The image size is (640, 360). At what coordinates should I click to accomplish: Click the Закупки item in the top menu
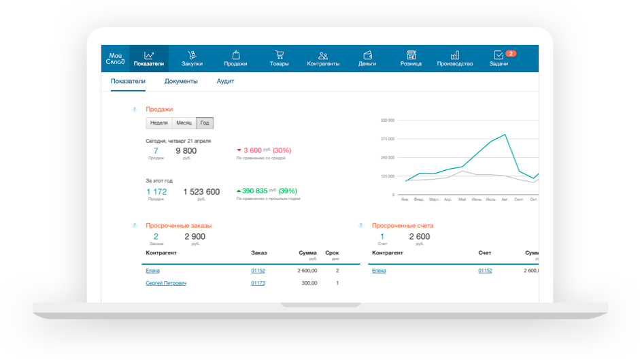pyautogui.click(x=192, y=59)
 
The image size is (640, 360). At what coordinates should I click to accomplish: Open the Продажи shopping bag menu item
pyautogui.click(x=235, y=59)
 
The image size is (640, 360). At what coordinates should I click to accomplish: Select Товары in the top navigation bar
pyautogui.click(x=279, y=59)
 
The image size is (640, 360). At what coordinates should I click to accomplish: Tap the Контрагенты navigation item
pyautogui.click(x=323, y=59)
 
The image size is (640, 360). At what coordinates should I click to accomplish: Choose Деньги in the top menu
pyautogui.click(x=367, y=59)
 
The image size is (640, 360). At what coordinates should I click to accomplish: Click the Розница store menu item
pyautogui.click(x=411, y=59)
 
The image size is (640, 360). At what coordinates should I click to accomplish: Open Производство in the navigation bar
pyautogui.click(x=454, y=59)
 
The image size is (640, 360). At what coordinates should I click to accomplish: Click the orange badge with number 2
pyautogui.click(x=511, y=53)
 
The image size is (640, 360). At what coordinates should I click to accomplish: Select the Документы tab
pyautogui.click(x=181, y=82)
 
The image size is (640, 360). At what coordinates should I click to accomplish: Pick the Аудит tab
pyautogui.click(x=225, y=82)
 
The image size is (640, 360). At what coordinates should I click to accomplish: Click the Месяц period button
pyautogui.click(x=184, y=123)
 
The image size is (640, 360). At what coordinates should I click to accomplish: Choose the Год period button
pyautogui.click(x=204, y=123)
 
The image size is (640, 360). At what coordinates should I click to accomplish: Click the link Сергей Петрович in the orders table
pyautogui.click(x=166, y=283)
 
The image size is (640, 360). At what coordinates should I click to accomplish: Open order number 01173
pyautogui.click(x=258, y=283)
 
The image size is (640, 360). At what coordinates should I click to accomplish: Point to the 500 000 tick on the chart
pyautogui.click(x=388, y=120)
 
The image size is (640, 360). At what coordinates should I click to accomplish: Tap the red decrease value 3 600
pyautogui.click(x=252, y=150)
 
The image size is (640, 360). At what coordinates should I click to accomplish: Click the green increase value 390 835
pyautogui.click(x=255, y=192)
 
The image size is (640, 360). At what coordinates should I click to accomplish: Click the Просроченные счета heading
pyautogui.click(x=403, y=225)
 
